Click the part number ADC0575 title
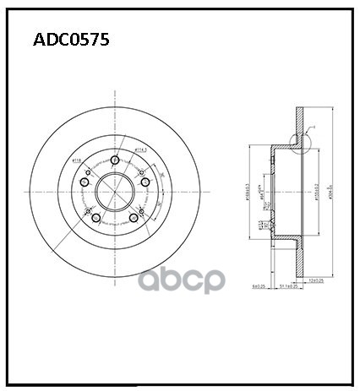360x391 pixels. pos(70,40)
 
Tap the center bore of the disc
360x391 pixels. pos(113,193)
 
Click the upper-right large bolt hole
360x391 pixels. pos(145,182)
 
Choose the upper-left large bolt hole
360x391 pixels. pos(84,182)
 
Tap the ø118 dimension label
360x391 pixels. pos(76,160)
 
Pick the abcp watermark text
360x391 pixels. pos(180,280)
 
